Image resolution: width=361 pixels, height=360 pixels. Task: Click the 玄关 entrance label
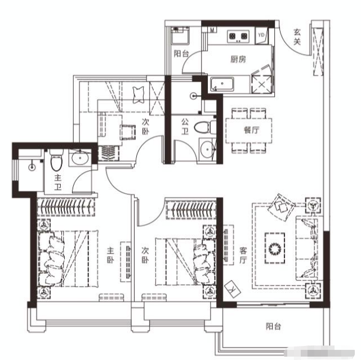(x=297, y=37)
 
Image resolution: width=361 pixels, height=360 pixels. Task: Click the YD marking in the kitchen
(x=261, y=35)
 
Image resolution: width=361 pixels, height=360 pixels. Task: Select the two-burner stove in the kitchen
(x=238, y=37)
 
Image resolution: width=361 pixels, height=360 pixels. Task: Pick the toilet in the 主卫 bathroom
(x=55, y=163)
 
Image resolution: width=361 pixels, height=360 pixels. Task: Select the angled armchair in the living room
(x=281, y=206)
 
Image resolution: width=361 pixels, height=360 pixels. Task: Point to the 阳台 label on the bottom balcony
(x=274, y=327)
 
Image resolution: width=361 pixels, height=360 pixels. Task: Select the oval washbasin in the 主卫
(x=79, y=158)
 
